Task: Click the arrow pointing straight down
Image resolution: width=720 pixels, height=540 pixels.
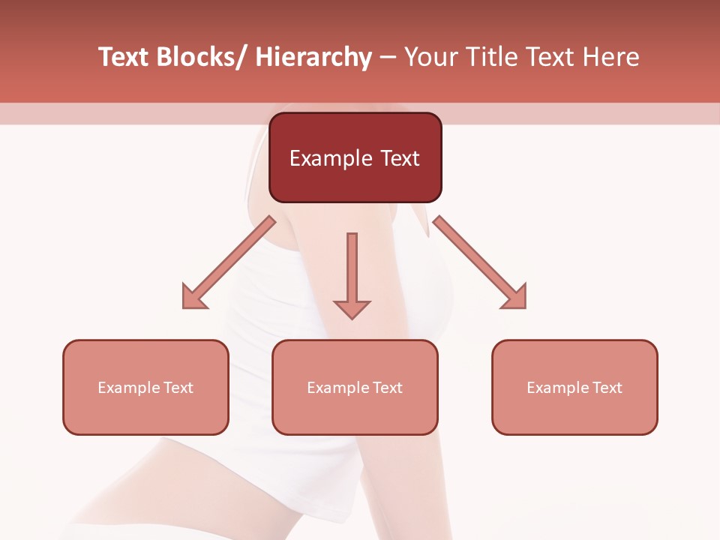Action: click(352, 274)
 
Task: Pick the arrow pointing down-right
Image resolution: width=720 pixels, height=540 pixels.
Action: click(480, 262)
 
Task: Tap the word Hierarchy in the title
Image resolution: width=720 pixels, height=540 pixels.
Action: click(313, 58)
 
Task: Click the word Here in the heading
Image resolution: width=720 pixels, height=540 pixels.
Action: click(612, 58)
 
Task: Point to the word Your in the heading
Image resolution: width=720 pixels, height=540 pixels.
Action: click(430, 58)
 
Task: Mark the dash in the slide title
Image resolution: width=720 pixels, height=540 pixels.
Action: click(388, 58)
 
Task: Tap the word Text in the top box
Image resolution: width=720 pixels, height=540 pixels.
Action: click(400, 158)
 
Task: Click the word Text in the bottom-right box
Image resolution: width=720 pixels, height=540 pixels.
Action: click(606, 388)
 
